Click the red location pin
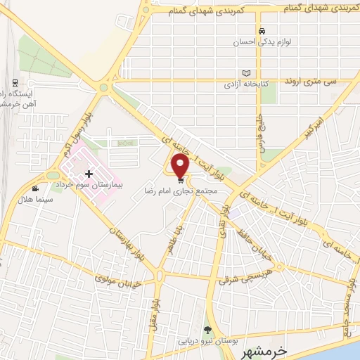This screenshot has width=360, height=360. click(x=180, y=165)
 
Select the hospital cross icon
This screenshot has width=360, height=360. click(x=89, y=174)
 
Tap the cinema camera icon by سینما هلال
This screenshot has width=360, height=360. click(x=36, y=188)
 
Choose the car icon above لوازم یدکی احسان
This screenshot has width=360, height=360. click(x=262, y=32)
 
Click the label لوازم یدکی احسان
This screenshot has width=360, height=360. click(x=261, y=42)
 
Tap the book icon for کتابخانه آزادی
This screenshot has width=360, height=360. click(x=245, y=73)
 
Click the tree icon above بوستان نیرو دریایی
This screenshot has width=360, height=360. click(x=207, y=330)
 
